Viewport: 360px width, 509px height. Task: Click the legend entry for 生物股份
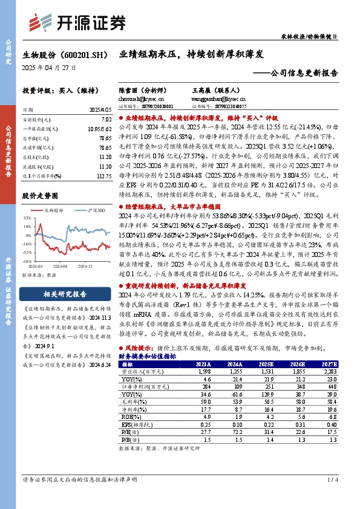pos(55,209)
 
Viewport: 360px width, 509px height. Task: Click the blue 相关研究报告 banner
pos(64,294)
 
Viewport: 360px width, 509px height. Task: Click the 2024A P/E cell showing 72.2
pos(235,430)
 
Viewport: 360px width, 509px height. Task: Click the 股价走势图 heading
pos(40,196)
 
